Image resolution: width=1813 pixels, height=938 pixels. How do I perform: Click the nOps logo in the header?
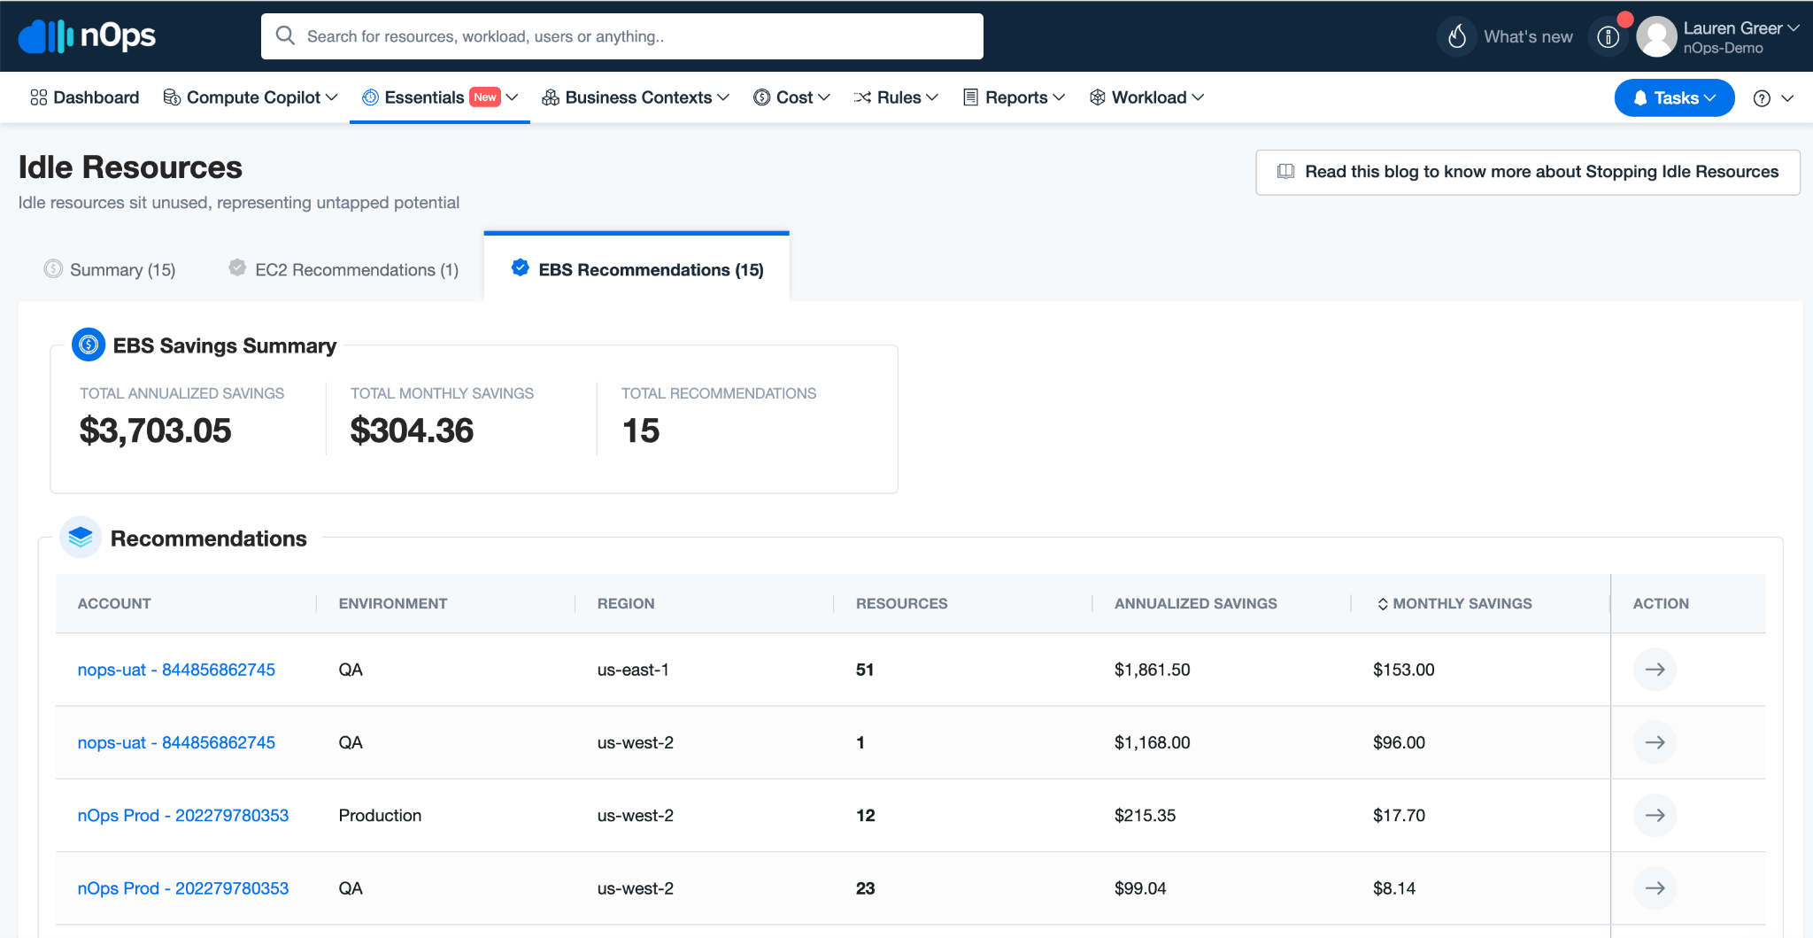(87, 35)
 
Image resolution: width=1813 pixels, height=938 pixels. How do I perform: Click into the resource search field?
(621, 36)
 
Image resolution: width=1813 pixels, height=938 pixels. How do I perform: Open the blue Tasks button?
(1674, 97)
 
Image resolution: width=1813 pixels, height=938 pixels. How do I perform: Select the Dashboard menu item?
(85, 97)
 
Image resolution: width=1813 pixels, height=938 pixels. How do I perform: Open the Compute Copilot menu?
(251, 97)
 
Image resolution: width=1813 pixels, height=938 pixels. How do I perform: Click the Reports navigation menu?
(1014, 97)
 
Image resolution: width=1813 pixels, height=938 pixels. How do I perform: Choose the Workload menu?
(1146, 97)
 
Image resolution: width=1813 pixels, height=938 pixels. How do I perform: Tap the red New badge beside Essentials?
(485, 97)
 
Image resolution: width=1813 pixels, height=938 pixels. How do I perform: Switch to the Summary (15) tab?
(110, 269)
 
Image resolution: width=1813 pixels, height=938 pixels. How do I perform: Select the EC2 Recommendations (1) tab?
(343, 269)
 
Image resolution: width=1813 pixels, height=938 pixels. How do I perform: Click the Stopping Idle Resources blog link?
(1528, 172)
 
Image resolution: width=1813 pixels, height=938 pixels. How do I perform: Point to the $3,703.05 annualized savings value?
(156, 430)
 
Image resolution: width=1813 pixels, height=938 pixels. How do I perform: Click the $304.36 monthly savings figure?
(413, 430)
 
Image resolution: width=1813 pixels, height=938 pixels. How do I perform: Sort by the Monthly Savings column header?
(1454, 603)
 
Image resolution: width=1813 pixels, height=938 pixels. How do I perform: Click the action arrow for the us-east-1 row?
(1655, 670)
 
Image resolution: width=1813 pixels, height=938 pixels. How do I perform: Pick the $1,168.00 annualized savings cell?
(1152, 742)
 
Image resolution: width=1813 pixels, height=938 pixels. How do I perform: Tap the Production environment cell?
(380, 815)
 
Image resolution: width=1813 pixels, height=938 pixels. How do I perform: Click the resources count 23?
(865, 888)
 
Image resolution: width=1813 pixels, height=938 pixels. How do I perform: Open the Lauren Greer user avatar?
(1656, 37)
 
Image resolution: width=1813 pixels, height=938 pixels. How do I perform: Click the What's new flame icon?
(1457, 36)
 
